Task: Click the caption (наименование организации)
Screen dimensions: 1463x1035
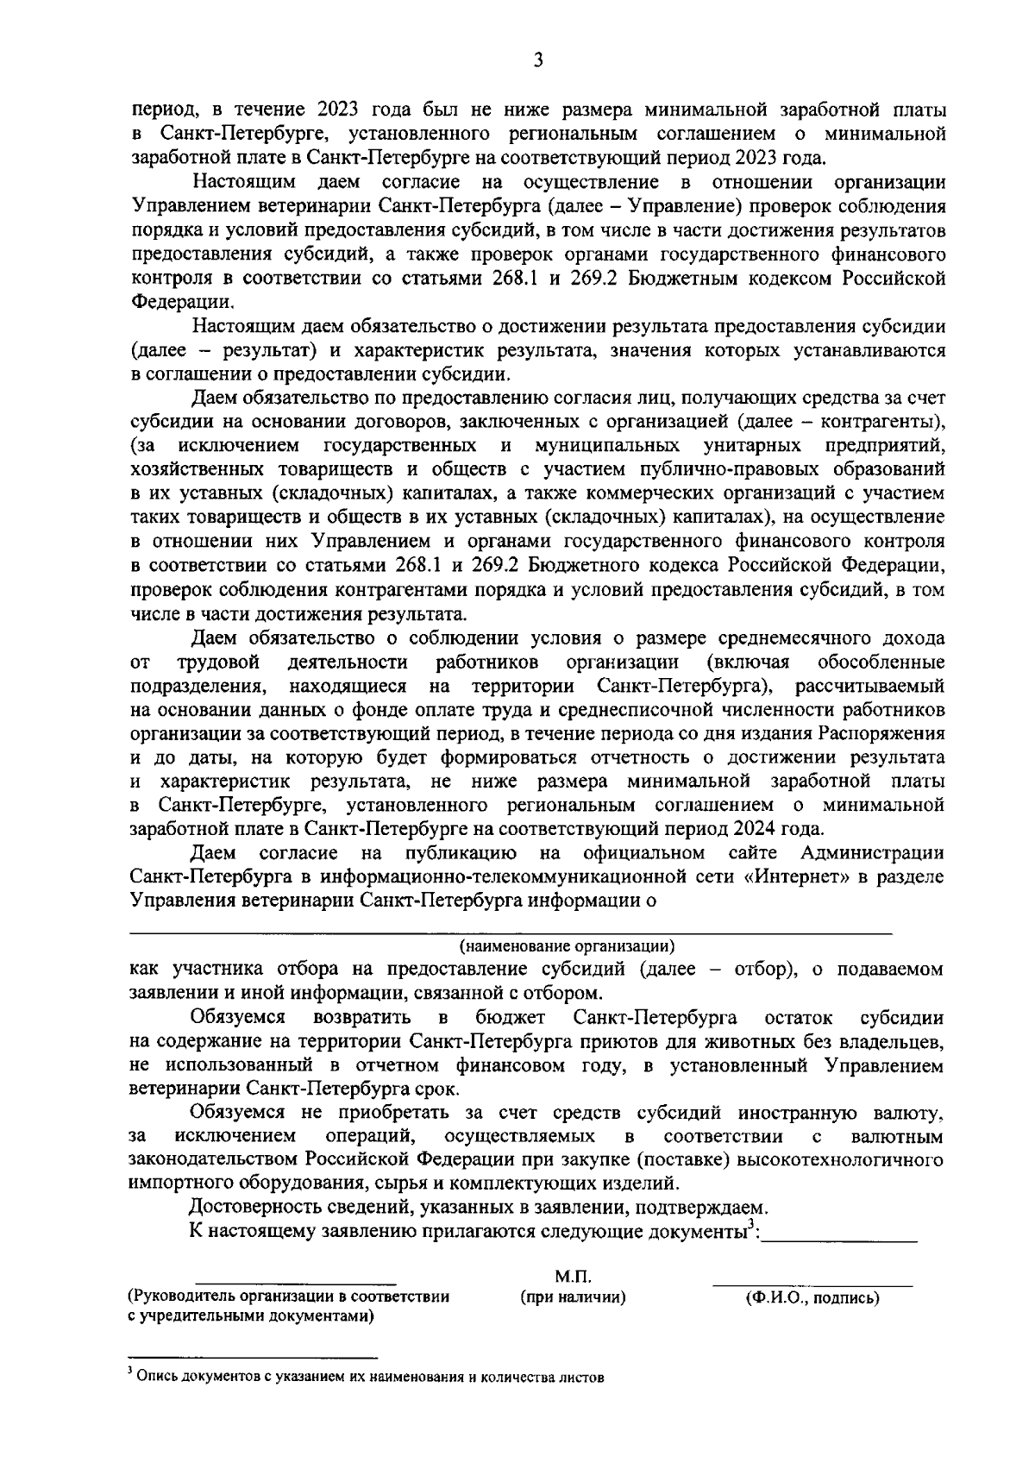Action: coord(567,945)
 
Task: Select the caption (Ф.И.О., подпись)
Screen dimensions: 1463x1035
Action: coord(812,1297)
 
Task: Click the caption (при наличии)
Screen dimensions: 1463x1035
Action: coord(572,1297)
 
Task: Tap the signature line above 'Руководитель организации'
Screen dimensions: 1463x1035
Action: coord(295,1284)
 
